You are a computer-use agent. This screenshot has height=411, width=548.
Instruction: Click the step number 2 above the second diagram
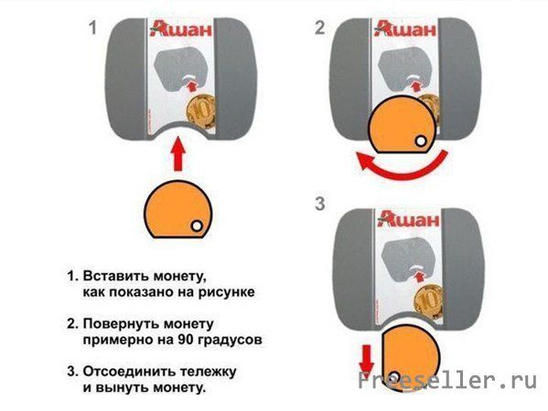pos(319,28)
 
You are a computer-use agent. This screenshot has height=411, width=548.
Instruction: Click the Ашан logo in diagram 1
pos(185,32)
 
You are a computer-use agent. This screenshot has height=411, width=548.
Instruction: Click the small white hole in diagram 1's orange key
pos(196,226)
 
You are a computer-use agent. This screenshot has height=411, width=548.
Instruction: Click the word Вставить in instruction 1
pos(114,275)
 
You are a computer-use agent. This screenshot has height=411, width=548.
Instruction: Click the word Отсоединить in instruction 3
pos(128,372)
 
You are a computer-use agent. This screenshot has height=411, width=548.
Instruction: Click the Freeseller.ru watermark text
pos(448,381)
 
